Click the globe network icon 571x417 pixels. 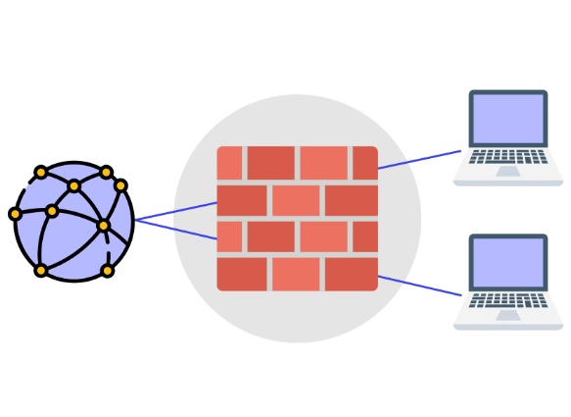click(73, 222)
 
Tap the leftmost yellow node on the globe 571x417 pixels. click(15, 214)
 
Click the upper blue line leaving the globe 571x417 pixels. click(176, 212)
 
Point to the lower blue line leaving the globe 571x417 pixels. click(176, 230)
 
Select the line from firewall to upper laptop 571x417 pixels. click(419, 160)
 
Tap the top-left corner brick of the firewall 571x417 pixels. click(229, 163)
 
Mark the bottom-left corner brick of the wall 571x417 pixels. click(241, 274)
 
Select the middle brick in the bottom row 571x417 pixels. click(297, 274)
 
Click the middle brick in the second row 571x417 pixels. click(297, 200)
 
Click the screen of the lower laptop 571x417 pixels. click(507, 265)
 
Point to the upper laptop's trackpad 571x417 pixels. click(507, 171)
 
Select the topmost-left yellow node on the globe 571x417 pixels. click(40, 173)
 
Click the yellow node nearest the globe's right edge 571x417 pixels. click(121, 184)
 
